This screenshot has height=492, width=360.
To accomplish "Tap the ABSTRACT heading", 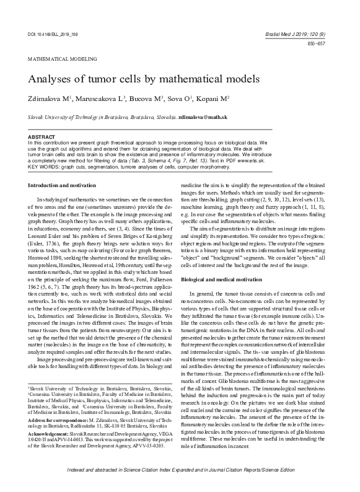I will pos(42,136).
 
